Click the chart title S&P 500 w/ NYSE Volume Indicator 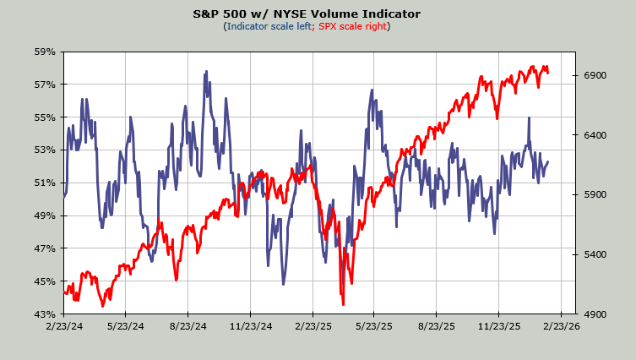coord(318,14)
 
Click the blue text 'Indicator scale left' coord(268,26)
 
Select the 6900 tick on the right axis coord(596,76)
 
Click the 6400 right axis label coord(596,135)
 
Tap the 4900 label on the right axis coord(596,314)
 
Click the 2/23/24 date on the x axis coord(64,325)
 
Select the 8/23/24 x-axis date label coord(188,325)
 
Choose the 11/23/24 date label coord(250,325)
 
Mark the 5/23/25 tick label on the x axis coord(374,325)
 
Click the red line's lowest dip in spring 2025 coord(343,303)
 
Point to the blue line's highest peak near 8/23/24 coord(206,73)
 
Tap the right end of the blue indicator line coord(548,162)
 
